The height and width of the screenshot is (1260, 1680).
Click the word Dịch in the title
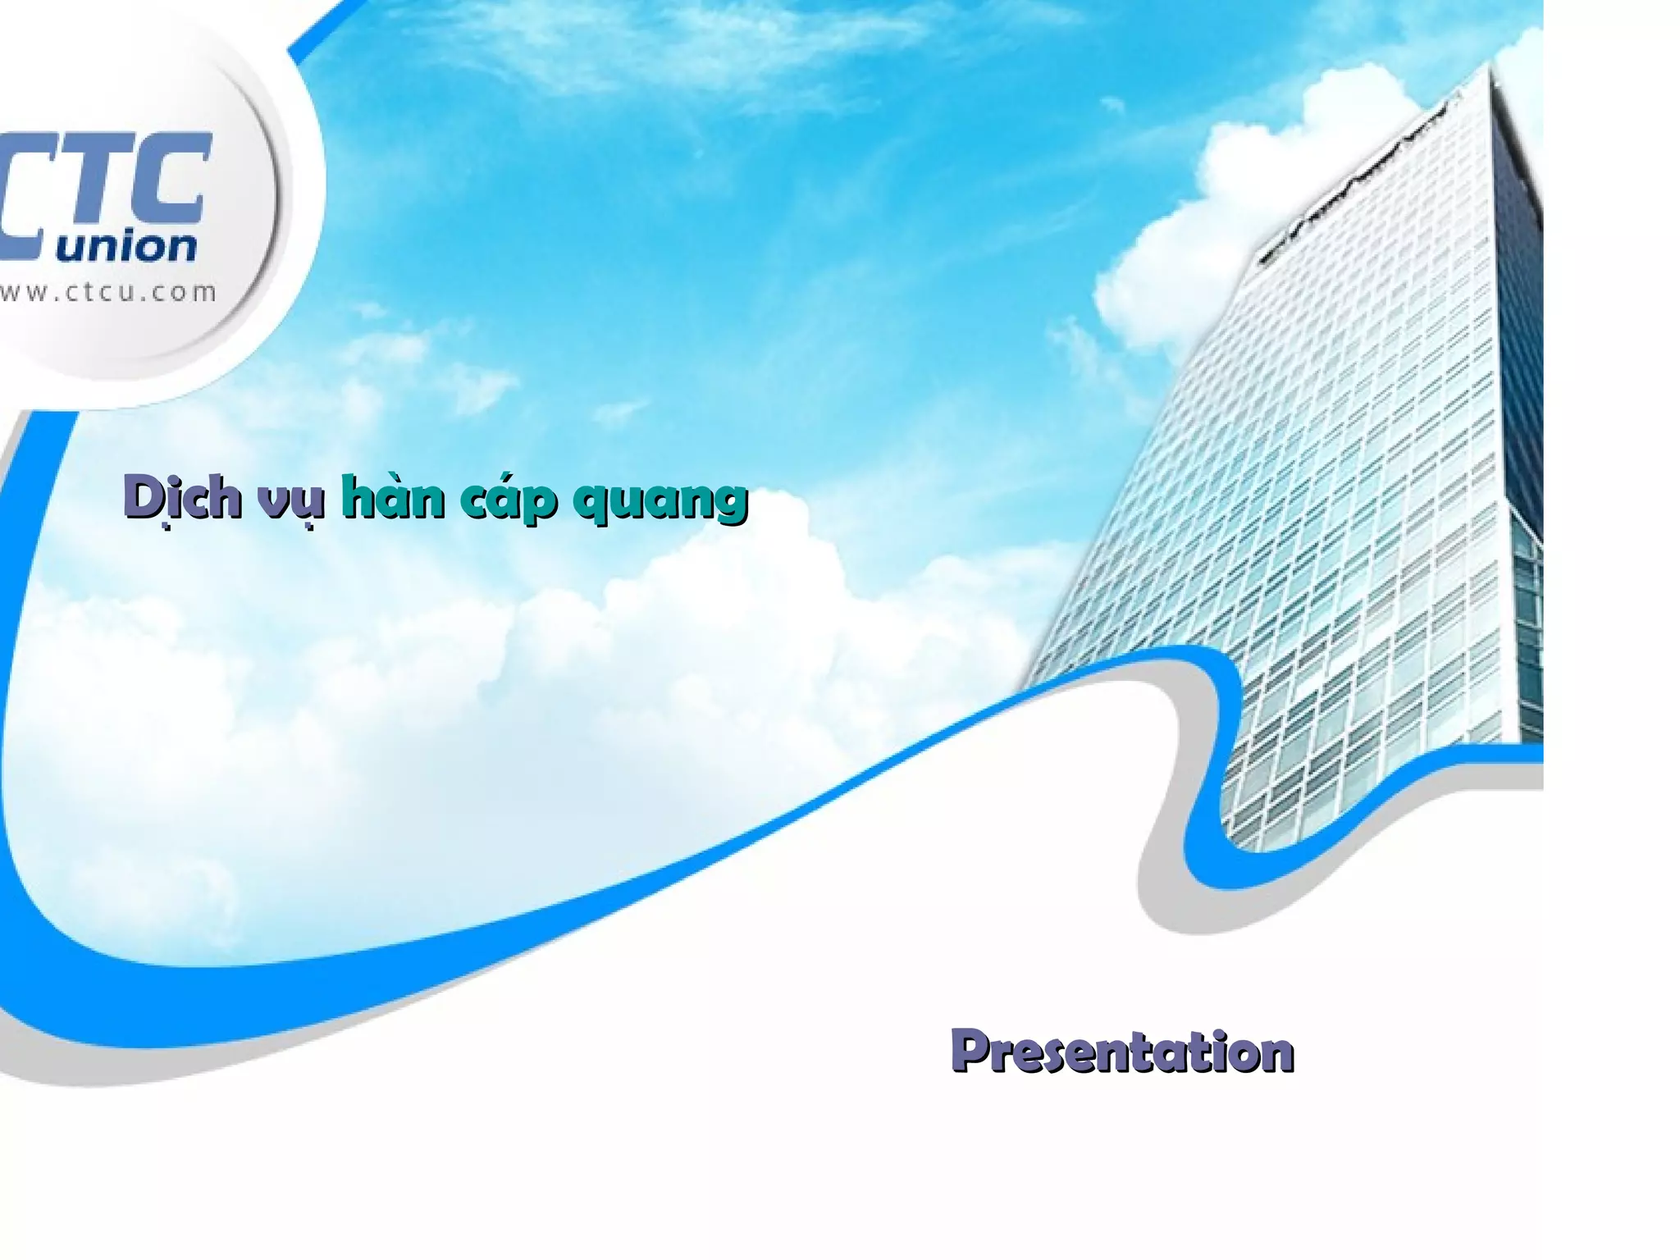[x=182, y=497]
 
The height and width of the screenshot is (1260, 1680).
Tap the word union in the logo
[x=127, y=246]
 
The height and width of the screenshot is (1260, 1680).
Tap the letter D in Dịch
[x=143, y=496]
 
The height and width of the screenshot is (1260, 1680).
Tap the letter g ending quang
[x=728, y=504]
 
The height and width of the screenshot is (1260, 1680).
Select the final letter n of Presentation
[x=1276, y=1055]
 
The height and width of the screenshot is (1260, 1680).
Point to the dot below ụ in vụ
[x=310, y=526]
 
